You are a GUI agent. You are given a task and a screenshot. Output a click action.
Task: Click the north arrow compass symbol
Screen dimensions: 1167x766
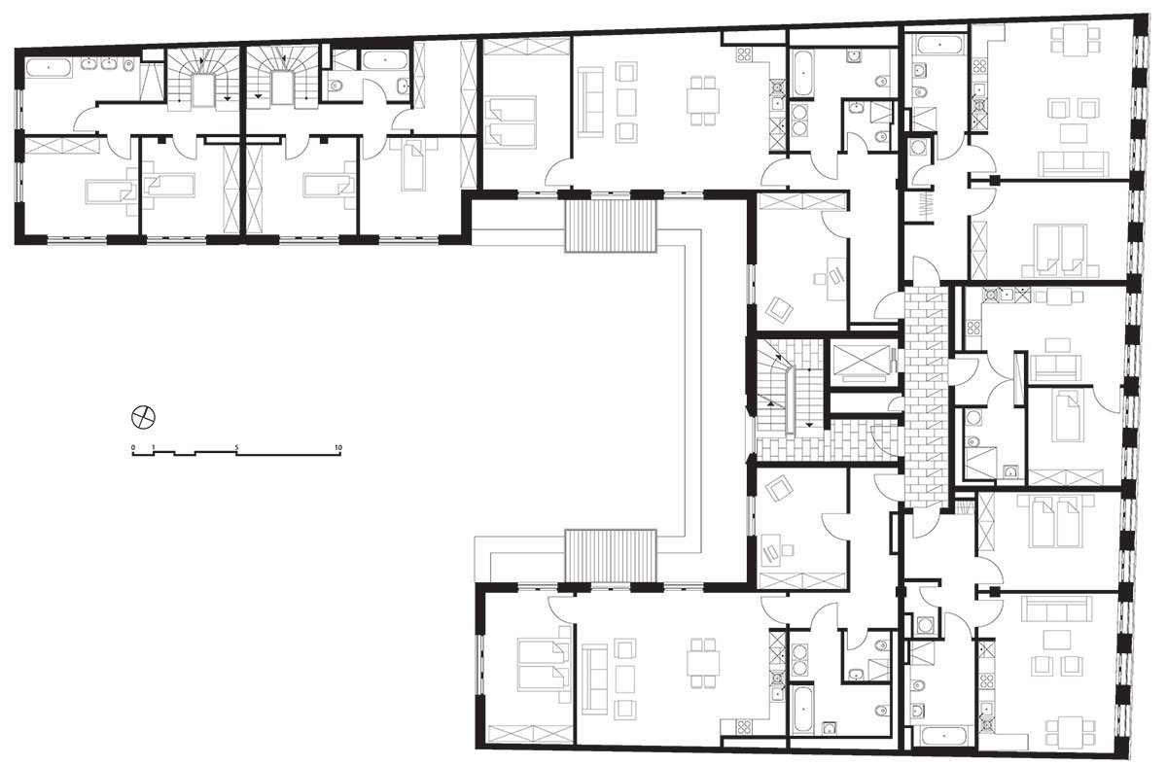143,417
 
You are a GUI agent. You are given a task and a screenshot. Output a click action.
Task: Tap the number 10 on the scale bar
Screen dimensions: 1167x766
338,447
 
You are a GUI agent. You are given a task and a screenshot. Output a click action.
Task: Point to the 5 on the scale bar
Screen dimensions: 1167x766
236,447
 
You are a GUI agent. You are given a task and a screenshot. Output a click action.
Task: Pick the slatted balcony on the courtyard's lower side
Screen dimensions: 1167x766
611,556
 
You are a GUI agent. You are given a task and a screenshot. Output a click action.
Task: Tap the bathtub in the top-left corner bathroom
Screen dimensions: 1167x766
49,68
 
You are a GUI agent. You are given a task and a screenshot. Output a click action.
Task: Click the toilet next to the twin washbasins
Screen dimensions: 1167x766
129,64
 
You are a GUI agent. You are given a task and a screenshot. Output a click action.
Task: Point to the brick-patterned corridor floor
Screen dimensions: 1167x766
925,397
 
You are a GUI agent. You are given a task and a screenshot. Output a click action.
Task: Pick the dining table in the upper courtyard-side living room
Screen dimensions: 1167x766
703,101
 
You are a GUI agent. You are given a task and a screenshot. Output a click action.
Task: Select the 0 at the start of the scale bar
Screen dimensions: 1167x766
133,447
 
